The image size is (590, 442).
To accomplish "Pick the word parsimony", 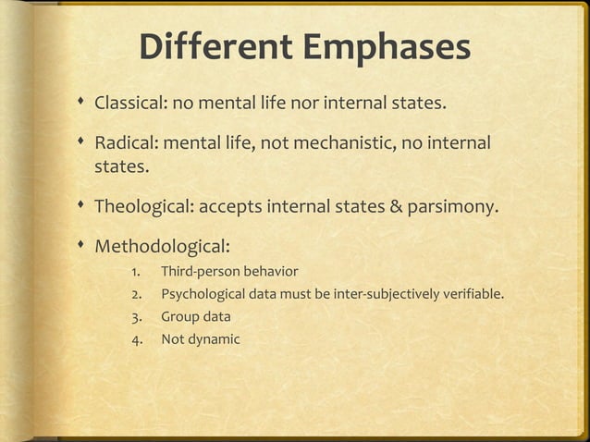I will (x=451, y=206).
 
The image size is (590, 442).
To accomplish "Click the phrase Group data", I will (x=196, y=317).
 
